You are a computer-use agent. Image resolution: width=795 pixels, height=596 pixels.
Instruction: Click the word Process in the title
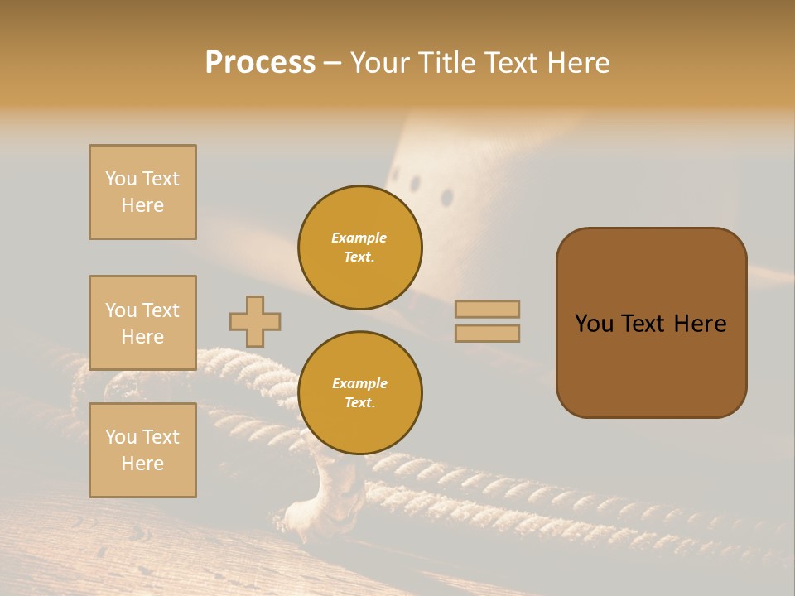[260, 63]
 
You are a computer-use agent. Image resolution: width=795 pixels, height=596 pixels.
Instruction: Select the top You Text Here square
[142, 192]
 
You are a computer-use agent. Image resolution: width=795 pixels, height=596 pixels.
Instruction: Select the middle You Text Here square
[142, 323]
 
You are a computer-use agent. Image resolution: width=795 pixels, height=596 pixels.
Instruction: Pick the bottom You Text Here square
[142, 450]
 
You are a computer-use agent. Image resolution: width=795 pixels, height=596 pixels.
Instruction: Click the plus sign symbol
[255, 321]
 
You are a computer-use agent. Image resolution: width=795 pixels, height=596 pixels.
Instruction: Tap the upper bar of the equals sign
[487, 309]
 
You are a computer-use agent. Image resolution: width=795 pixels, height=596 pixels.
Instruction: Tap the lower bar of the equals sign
[487, 333]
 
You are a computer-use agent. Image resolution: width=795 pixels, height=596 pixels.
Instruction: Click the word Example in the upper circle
[359, 238]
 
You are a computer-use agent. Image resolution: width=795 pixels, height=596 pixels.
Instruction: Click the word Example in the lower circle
[359, 383]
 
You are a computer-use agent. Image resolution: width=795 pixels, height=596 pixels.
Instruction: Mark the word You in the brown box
[595, 324]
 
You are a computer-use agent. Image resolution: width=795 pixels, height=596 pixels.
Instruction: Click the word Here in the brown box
[700, 324]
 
